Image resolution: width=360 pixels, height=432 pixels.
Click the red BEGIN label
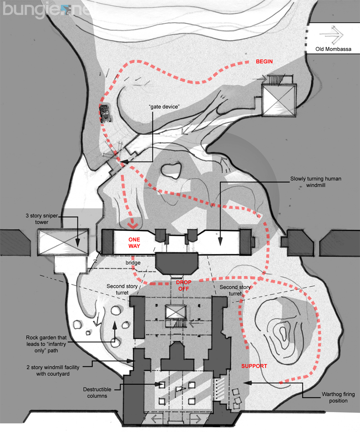pos(265,61)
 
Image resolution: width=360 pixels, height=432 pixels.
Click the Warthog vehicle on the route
pos(106,113)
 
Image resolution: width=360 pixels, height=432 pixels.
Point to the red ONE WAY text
pos(135,243)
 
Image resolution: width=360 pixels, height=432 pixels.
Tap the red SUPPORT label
pos(254,366)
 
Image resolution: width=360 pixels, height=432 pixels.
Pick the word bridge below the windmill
pos(133,262)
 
